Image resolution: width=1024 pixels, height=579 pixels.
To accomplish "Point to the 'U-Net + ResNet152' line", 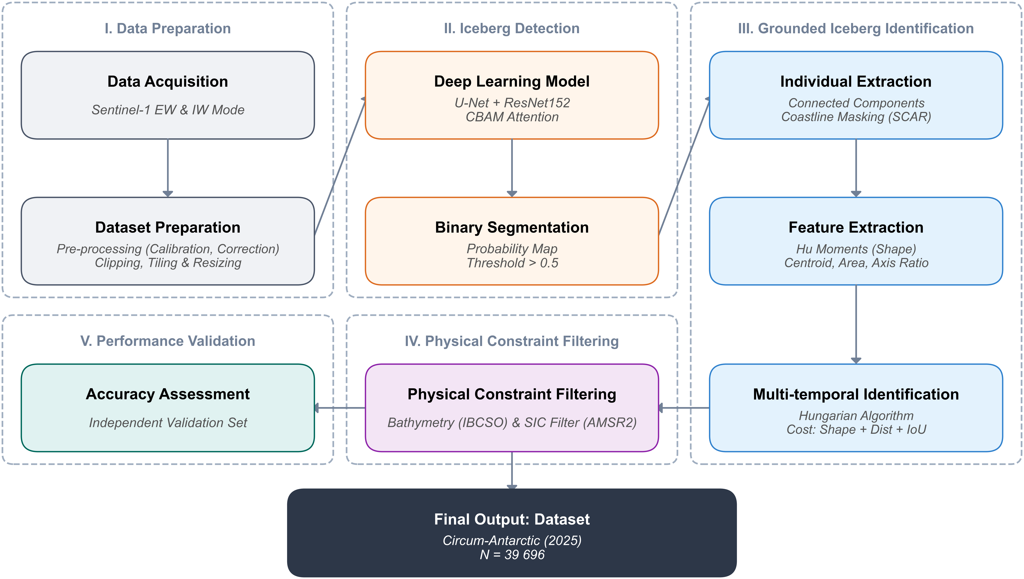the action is click(x=512, y=103).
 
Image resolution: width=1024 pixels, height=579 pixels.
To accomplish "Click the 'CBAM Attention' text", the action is click(x=512, y=117).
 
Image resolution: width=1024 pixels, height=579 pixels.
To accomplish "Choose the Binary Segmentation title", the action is click(x=512, y=227).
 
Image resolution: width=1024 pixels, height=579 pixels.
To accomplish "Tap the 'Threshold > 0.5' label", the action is click(x=512, y=263).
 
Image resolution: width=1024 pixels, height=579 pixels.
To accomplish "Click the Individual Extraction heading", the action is click(x=856, y=82).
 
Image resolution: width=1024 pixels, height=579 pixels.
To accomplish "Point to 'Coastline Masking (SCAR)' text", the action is click(x=856, y=117).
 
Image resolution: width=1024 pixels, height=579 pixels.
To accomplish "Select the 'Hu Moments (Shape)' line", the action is click(x=856, y=249).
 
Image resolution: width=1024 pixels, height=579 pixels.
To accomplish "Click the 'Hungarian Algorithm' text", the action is click(x=856, y=416).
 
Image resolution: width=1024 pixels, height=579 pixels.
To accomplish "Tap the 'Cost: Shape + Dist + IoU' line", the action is click(x=856, y=430).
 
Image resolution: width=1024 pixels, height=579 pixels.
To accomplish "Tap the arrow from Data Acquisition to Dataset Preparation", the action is click(x=168, y=168).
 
